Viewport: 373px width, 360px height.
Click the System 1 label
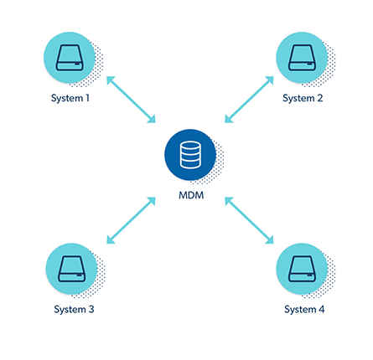coord(70,98)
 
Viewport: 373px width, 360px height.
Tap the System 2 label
coord(303,98)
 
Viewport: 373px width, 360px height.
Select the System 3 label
coord(74,309)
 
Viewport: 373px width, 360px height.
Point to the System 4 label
coord(304,309)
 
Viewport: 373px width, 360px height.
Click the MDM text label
coord(191,195)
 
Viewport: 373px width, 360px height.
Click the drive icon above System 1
coord(70,58)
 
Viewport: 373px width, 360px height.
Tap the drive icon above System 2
coord(302,58)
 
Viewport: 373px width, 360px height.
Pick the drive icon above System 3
coord(72,269)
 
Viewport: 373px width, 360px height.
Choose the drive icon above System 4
coord(302,269)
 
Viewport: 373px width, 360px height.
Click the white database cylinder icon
coord(190,155)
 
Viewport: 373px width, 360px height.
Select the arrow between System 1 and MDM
coord(131,100)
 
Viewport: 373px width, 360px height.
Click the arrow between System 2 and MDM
coord(249,100)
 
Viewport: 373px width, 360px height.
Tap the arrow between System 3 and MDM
coord(131,220)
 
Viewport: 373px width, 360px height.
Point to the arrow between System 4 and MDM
coord(249,220)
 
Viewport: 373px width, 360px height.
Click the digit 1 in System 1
coord(87,98)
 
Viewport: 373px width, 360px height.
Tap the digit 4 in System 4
coord(321,309)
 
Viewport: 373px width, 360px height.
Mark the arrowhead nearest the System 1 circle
coord(110,80)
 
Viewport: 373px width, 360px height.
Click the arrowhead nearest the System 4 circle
coord(270,240)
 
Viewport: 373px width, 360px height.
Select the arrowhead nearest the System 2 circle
coord(270,80)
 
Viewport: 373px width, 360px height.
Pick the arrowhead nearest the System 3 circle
coord(110,240)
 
